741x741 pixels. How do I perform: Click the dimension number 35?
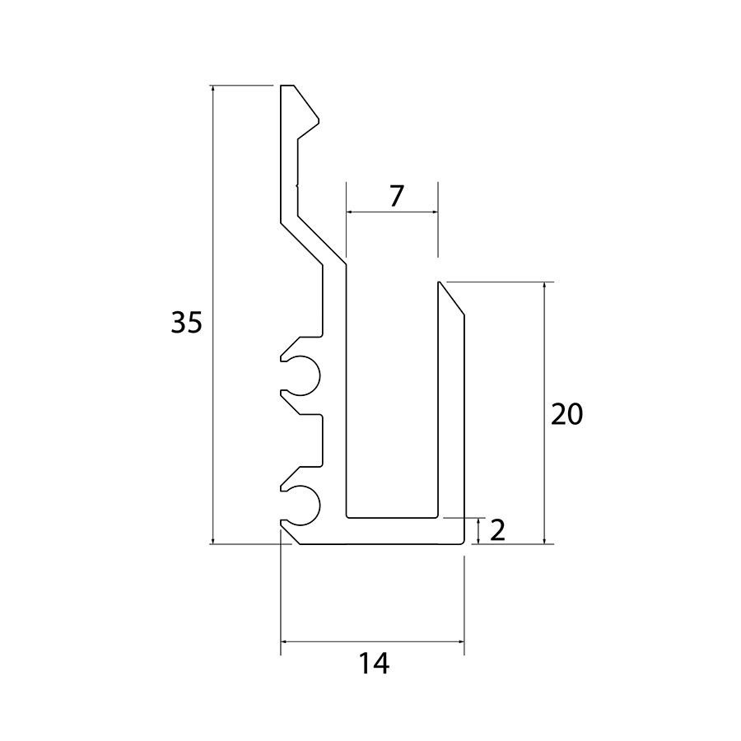(x=186, y=322)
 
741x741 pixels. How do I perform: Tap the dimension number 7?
(x=397, y=197)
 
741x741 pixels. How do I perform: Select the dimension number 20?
(x=567, y=414)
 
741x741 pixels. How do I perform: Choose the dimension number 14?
(x=375, y=664)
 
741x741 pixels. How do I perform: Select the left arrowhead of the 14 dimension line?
(x=285, y=641)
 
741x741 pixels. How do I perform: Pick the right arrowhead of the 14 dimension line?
(x=459, y=641)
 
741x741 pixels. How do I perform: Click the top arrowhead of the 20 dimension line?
(x=544, y=287)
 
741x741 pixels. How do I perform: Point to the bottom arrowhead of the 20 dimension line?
(x=544, y=539)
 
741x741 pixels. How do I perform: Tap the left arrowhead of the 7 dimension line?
(x=351, y=212)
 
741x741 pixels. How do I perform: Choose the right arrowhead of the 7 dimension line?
(x=433, y=212)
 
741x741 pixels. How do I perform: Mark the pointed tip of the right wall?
(x=440, y=282)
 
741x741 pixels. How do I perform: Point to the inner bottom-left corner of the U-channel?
(x=347, y=517)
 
